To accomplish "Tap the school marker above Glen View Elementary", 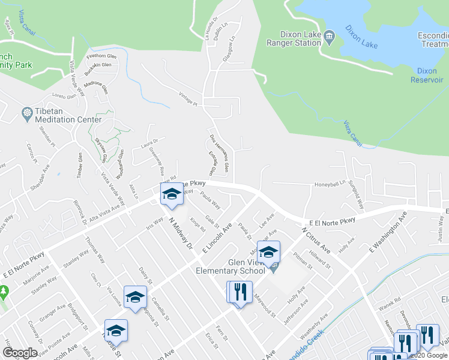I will (270, 252).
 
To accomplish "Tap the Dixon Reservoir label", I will (427, 76).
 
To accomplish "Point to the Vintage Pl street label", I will (188, 98).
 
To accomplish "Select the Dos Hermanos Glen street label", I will (218, 154).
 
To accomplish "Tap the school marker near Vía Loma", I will (135, 297).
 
